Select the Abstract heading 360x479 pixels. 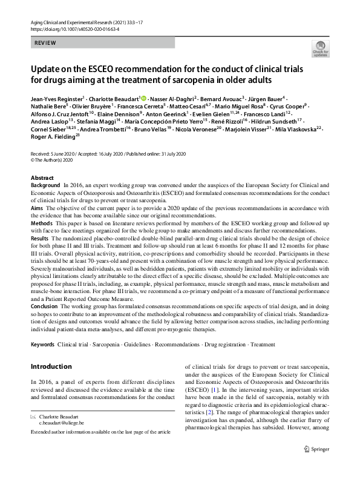(42, 178)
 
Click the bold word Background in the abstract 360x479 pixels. (45, 184)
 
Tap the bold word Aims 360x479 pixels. (37, 208)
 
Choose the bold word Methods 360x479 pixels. (42, 223)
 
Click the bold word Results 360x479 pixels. (40, 239)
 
